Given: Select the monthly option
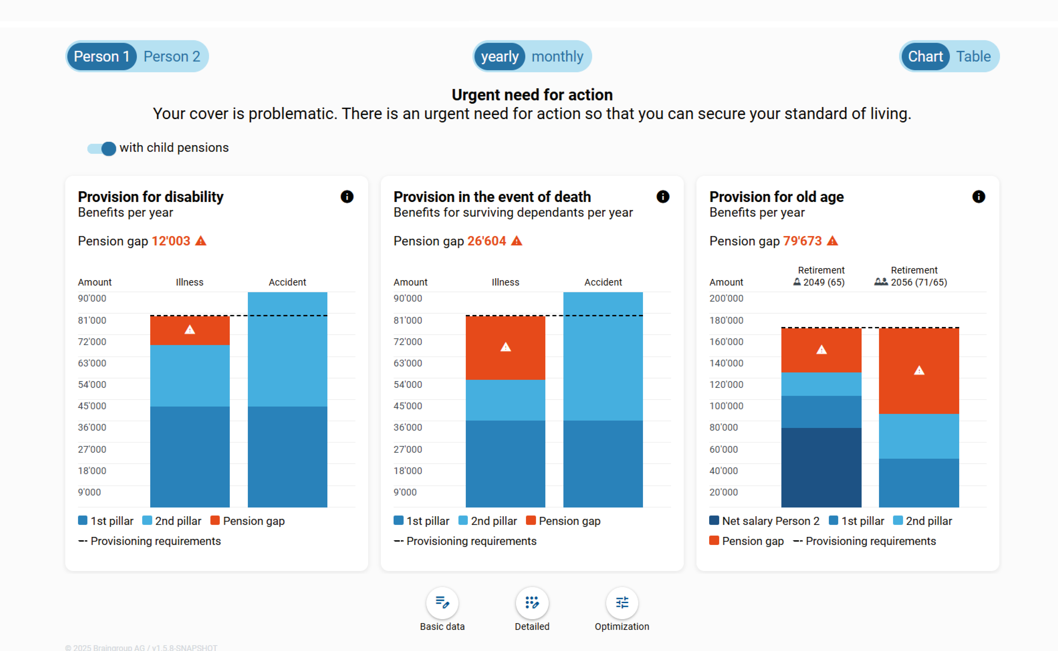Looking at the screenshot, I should tap(557, 56).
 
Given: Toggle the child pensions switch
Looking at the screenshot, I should tap(102, 149).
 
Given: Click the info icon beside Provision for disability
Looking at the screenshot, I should tap(347, 197).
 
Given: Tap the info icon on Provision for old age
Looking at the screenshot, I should tap(978, 197).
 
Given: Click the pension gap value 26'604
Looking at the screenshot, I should tap(486, 241).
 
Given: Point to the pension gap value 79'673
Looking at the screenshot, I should tap(802, 241).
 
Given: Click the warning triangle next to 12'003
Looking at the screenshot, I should tap(201, 241).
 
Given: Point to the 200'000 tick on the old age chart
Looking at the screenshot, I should tap(726, 298).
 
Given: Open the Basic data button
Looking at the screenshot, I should tap(442, 603).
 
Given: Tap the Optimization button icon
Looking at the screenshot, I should tap(621, 603).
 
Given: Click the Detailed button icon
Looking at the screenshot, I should tap(532, 603).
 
